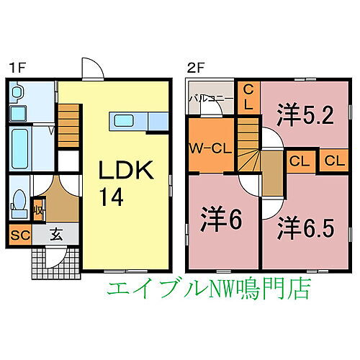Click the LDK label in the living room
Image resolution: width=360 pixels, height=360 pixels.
[x=126, y=170]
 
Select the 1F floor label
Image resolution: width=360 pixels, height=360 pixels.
[x=17, y=68]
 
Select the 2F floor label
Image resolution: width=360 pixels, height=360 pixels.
[x=196, y=68]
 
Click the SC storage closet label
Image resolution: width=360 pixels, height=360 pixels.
[x=20, y=235]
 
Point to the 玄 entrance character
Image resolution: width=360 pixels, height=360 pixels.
[x=56, y=235]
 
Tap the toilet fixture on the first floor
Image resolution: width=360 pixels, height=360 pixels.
[x=19, y=204]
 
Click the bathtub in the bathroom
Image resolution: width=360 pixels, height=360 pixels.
[x=20, y=149]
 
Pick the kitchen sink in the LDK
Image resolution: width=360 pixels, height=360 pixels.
[x=124, y=120]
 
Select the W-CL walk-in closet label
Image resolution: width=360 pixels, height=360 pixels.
[x=210, y=149]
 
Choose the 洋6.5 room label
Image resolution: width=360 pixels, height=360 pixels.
[x=305, y=229]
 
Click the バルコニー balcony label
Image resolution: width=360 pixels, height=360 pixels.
[x=211, y=99]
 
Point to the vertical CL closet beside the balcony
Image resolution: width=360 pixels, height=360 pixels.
[x=248, y=98]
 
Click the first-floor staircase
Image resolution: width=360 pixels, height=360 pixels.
[x=68, y=125]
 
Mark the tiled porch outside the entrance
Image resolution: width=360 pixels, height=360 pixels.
[x=56, y=264]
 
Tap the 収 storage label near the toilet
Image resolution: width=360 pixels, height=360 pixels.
[x=38, y=210]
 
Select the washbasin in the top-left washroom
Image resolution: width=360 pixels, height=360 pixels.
[x=17, y=92]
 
